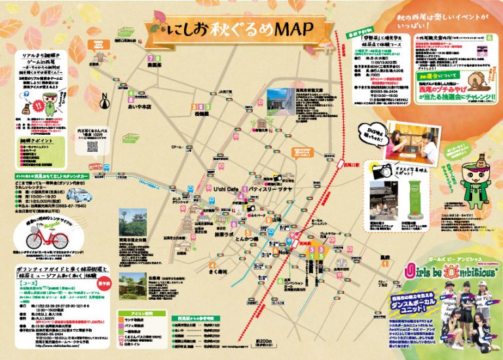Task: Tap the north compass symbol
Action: (103, 100)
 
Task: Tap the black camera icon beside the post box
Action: (379, 172)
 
